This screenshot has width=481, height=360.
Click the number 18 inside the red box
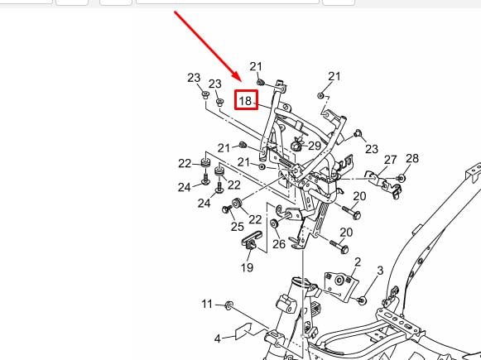(x=245, y=101)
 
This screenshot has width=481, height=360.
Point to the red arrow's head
(x=237, y=76)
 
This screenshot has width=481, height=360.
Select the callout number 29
(x=315, y=146)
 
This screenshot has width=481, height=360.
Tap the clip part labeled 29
(x=296, y=143)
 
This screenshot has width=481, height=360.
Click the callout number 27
(x=390, y=160)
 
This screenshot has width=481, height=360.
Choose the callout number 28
(x=412, y=158)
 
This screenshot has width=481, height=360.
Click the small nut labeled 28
(x=401, y=178)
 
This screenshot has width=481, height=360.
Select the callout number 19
(x=248, y=267)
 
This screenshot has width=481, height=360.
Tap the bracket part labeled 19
(x=252, y=240)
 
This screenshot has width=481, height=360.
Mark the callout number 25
(x=237, y=227)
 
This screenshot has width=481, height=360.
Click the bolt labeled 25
(x=227, y=209)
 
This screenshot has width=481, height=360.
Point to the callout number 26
(x=279, y=244)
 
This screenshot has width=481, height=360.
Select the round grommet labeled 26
(x=274, y=223)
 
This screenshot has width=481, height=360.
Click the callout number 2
(x=358, y=262)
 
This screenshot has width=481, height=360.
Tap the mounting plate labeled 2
(x=340, y=284)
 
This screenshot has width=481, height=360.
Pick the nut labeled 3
(x=363, y=300)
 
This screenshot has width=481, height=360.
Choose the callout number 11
(x=207, y=304)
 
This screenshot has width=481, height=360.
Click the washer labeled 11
(x=228, y=305)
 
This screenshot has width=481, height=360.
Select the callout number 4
(x=218, y=338)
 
